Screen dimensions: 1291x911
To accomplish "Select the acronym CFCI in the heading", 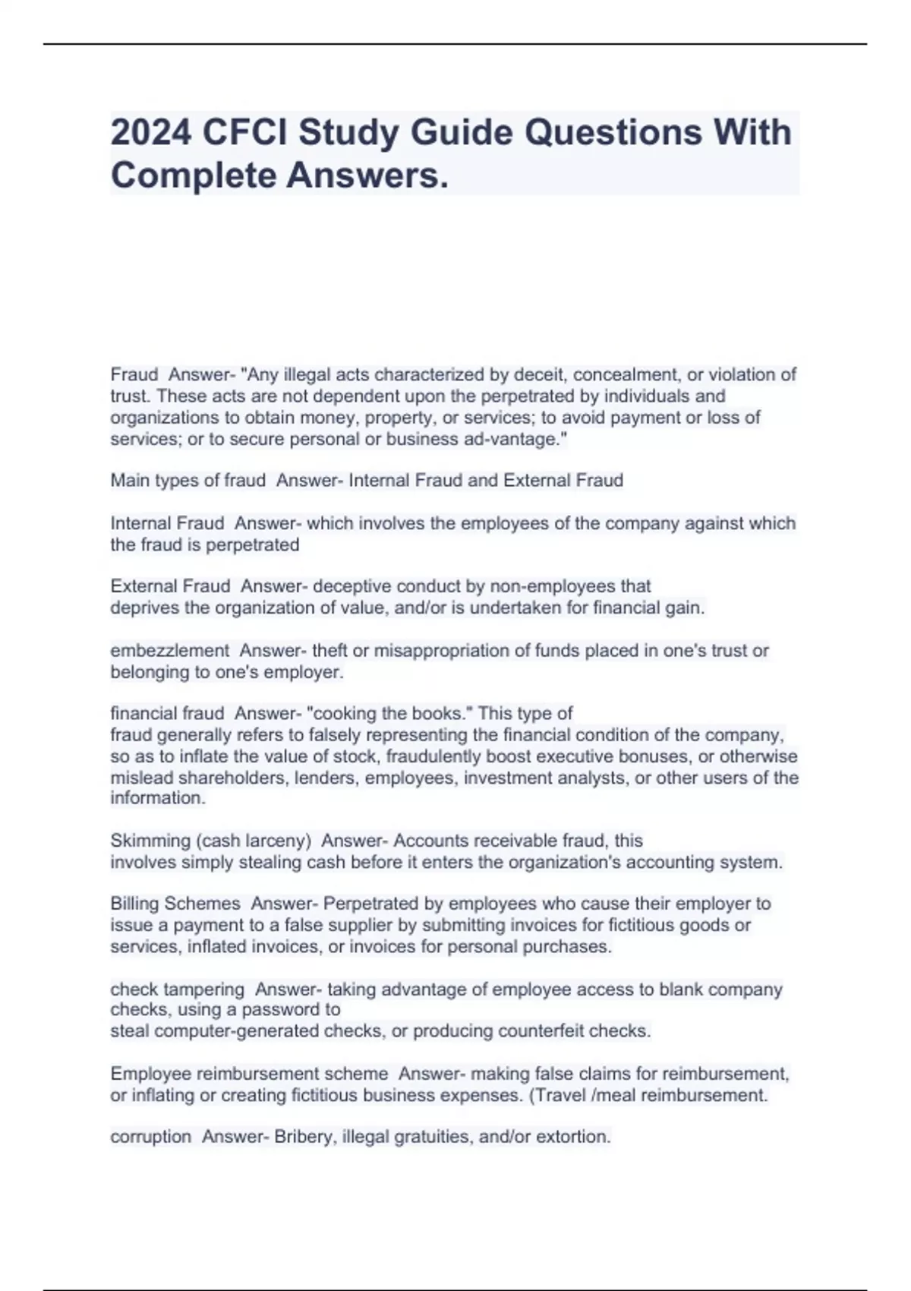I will pyautogui.click(x=244, y=132).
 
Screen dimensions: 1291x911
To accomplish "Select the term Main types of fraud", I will pyautogui.click(x=188, y=480).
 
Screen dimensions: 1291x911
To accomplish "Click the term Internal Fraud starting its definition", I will pyautogui.click(x=167, y=523).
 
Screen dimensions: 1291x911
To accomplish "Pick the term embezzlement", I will pyautogui.click(x=169, y=651).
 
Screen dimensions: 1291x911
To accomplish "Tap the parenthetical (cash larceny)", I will pyautogui.click(x=253, y=841).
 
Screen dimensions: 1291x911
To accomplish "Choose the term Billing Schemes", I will pyautogui.click(x=175, y=904).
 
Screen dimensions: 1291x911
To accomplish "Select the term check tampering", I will pyautogui.click(x=177, y=990).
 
